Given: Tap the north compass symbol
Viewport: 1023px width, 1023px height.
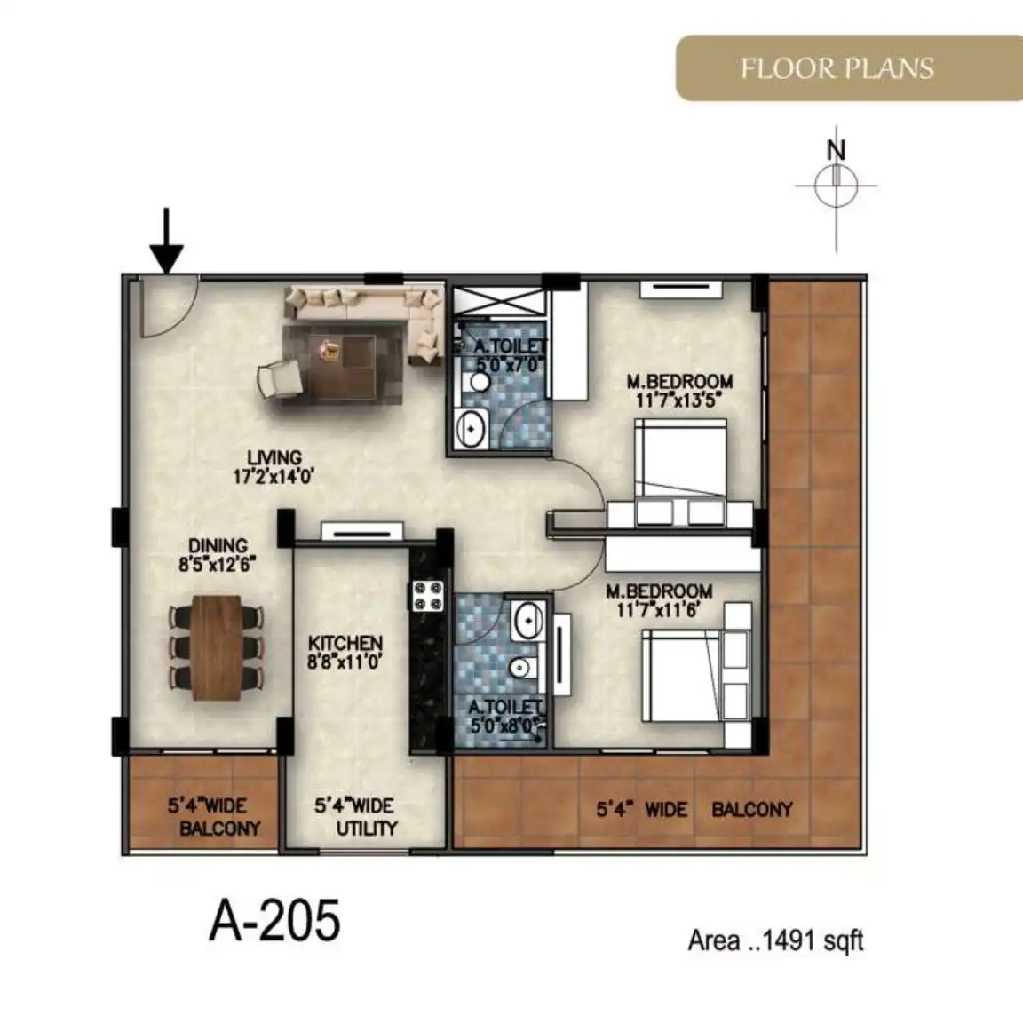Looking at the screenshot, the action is coord(836,186).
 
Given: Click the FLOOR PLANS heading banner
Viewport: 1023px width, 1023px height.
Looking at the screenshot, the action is coord(849,68).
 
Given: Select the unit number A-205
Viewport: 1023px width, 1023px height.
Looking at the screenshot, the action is coord(274,920).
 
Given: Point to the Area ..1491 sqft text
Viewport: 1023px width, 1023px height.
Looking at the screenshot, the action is coord(776,940).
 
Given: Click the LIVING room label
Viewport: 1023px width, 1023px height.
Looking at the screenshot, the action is coord(274,458).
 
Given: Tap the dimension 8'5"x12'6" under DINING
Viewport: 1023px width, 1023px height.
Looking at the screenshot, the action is coord(218,565).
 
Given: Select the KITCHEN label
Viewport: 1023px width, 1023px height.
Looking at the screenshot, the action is coord(345,643).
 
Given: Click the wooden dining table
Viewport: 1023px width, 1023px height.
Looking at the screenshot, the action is coord(218,648).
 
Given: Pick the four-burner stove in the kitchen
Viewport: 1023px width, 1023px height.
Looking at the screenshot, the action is coord(427,596).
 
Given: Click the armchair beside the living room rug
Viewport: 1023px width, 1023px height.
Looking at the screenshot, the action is coord(281,379).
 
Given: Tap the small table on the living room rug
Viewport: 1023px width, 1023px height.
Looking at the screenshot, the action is coord(330,351).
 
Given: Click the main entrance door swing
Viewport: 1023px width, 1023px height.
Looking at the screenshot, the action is coord(169,306).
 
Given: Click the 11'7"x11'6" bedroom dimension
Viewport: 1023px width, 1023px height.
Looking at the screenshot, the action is coord(658,611).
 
